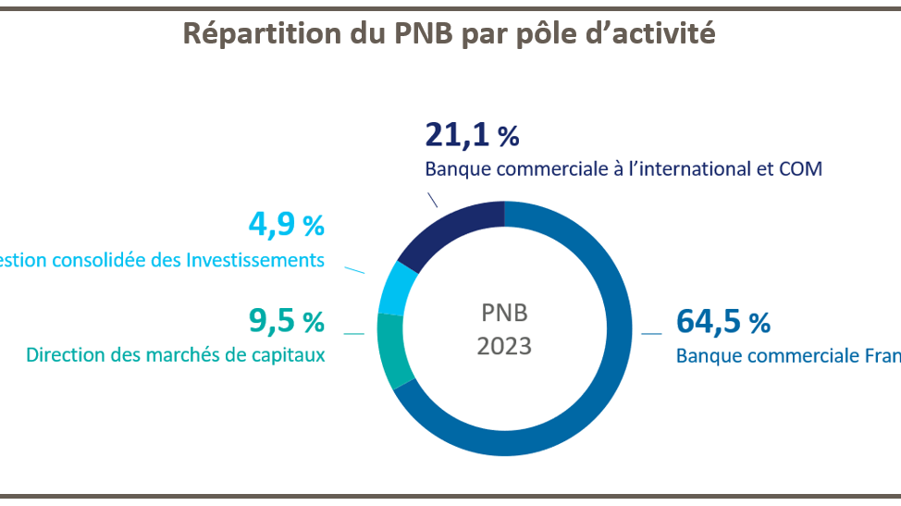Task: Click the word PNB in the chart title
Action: [409, 33]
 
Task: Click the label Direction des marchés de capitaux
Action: [176, 354]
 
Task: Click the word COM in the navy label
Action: [801, 169]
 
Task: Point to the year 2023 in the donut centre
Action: [504, 346]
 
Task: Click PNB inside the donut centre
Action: [504, 312]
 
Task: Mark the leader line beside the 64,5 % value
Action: [652, 333]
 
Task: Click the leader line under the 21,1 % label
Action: [433, 200]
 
